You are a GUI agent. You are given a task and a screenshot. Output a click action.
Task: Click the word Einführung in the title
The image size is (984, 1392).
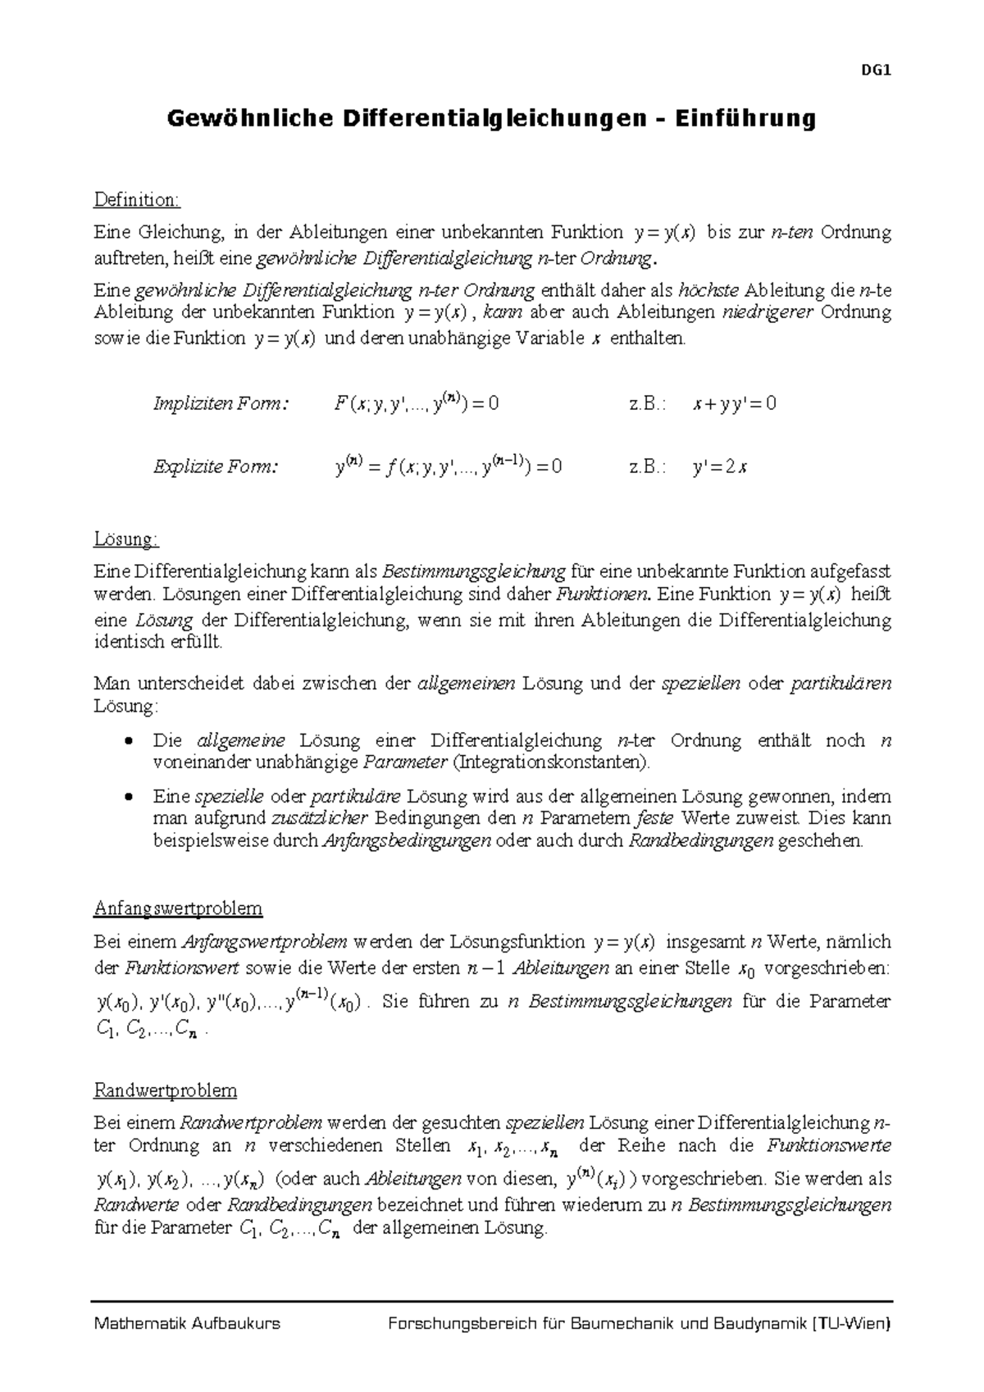[x=745, y=120]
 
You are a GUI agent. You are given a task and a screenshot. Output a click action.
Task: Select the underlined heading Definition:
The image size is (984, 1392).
[x=136, y=200]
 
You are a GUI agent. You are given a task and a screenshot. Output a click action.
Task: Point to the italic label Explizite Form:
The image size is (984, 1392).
[x=216, y=467]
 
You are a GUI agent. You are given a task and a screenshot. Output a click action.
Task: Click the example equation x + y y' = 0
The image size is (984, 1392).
[x=734, y=404]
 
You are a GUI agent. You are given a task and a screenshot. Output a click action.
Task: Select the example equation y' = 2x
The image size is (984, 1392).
[x=719, y=468]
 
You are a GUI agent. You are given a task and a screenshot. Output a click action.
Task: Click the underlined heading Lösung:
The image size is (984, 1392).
[x=126, y=539]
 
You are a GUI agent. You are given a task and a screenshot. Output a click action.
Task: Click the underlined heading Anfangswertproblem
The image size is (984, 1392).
[x=178, y=908]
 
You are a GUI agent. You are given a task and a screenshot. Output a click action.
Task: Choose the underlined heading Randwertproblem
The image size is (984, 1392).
[x=166, y=1090]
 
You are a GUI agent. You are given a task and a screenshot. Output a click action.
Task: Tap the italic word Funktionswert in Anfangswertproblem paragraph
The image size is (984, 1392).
[x=181, y=968]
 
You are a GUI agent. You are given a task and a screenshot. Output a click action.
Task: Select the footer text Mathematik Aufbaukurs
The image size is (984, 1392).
[x=188, y=1323]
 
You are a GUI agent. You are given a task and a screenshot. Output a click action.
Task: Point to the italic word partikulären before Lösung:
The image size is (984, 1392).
[x=840, y=684]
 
